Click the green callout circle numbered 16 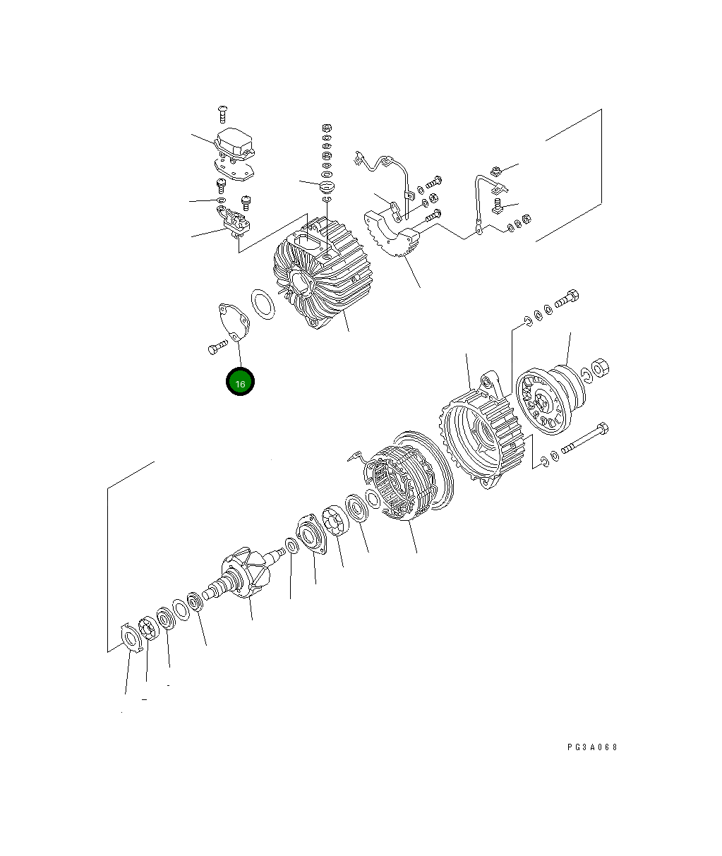pyautogui.click(x=240, y=382)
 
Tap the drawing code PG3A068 pyautogui.click(x=591, y=747)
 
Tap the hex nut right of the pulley pyautogui.click(x=600, y=367)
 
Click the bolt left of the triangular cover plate pyautogui.click(x=216, y=348)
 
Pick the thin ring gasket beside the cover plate pyautogui.click(x=263, y=304)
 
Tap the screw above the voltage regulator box pyautogui.click(x=222, y=111)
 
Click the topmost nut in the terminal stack pyautogui.click(x=326, y=128)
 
